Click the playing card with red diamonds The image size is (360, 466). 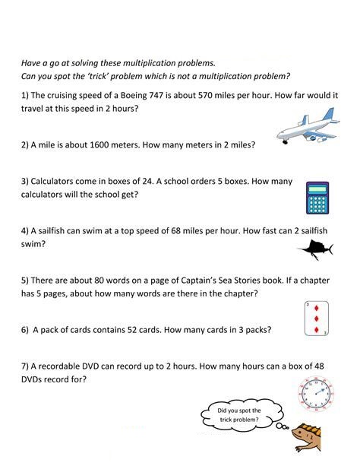click(313, 319)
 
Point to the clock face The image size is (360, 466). click(316, 392)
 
